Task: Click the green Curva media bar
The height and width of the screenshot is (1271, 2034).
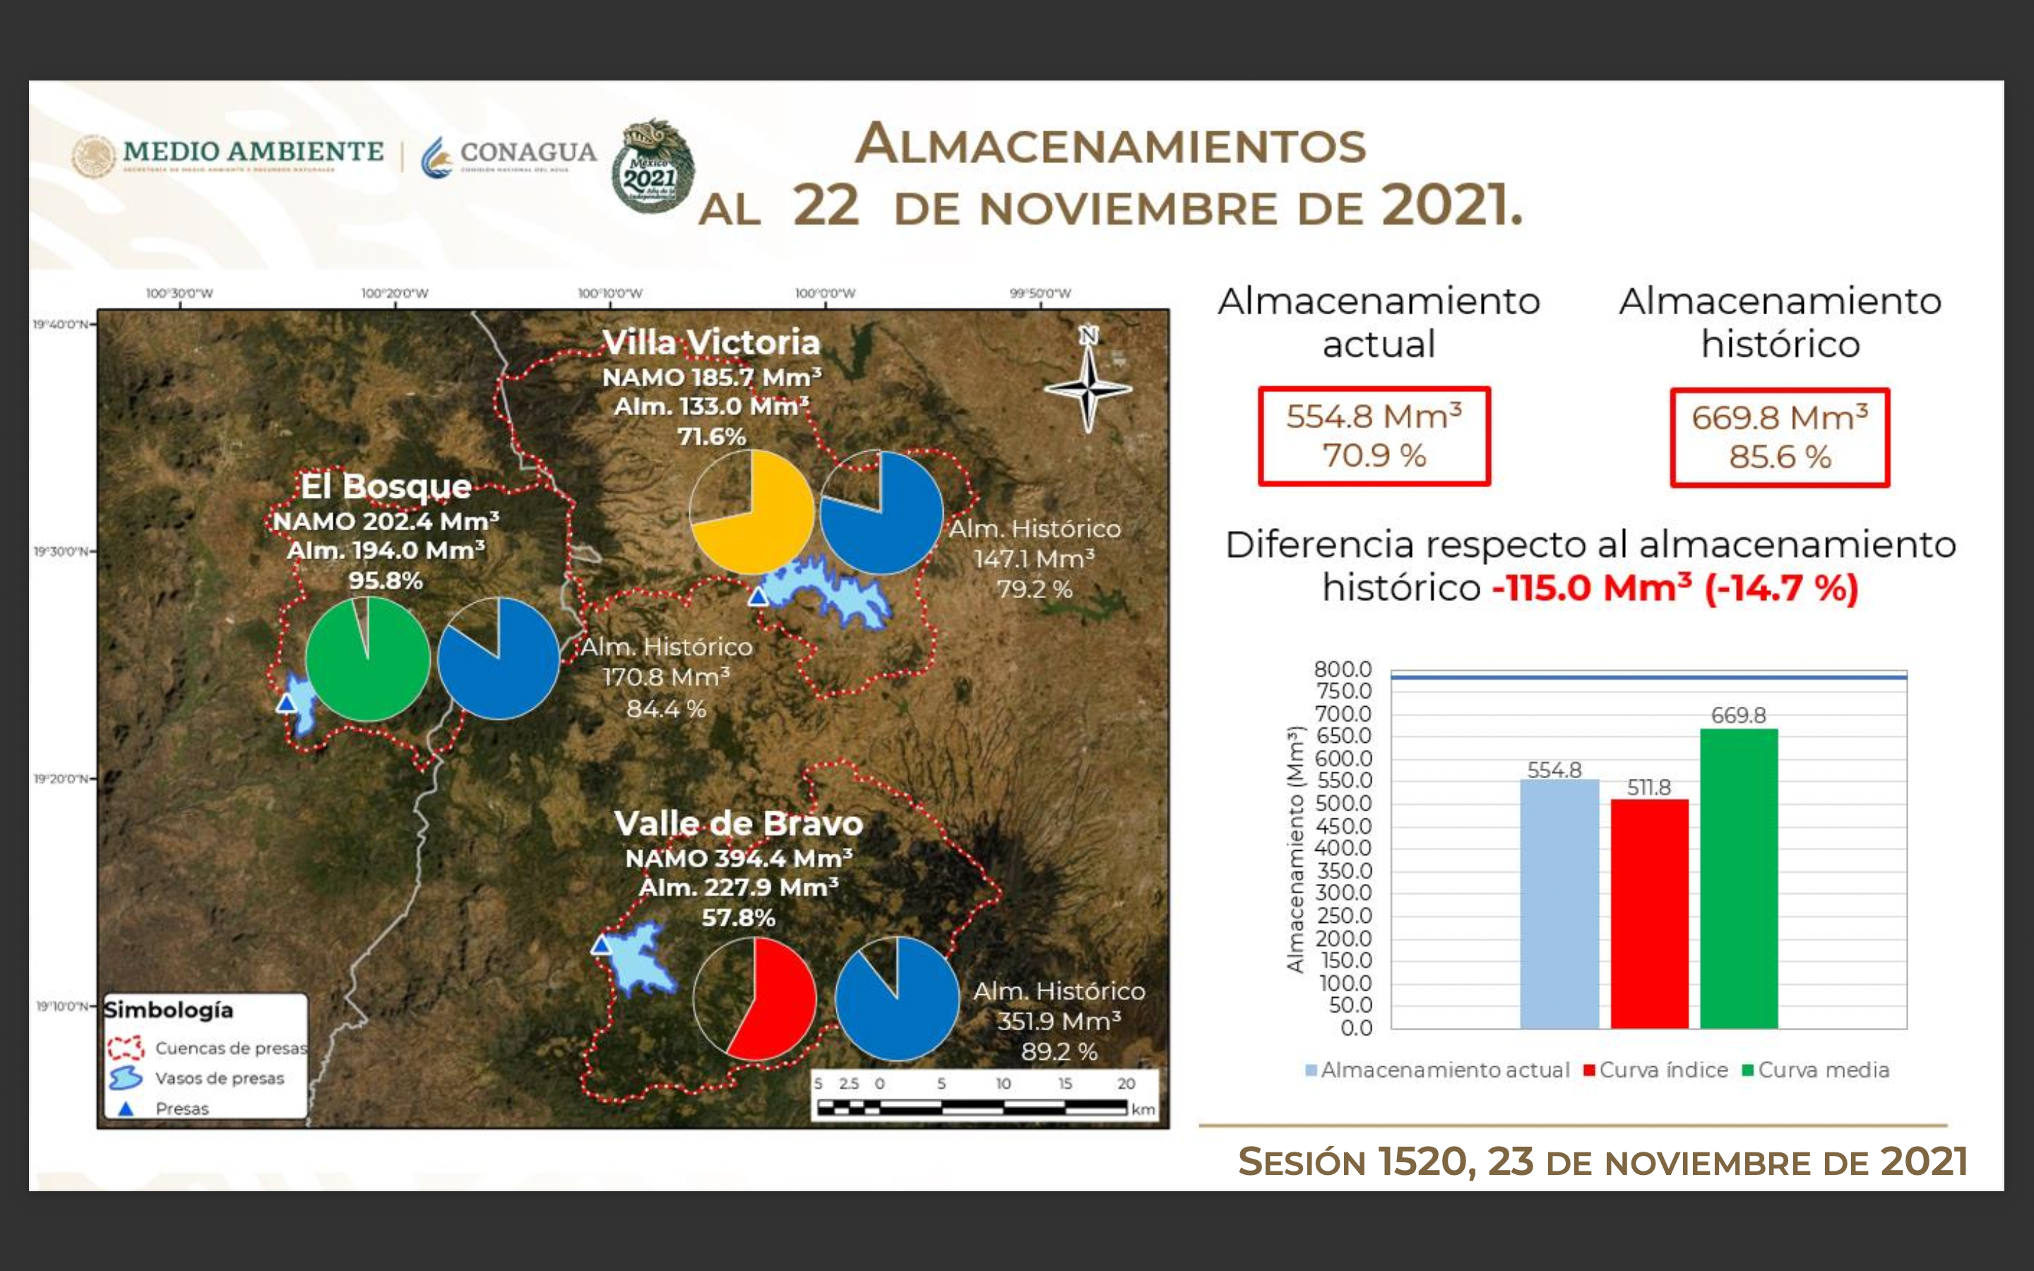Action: [x=1738, y=878]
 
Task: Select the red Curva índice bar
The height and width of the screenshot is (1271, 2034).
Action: [x=1649, y=914]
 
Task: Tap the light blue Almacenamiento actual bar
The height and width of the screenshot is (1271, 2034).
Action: [x=1559, y=904]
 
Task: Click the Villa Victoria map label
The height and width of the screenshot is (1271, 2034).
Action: [x=711, y=343]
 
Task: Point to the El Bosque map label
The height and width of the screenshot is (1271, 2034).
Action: [x=386, y=486]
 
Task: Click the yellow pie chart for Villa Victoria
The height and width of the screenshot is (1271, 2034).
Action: [x=751, y=512]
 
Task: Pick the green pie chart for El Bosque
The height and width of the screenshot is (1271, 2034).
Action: [x=367, y=659]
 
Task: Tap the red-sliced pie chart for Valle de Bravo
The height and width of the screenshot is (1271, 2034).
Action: [x=754, y=998]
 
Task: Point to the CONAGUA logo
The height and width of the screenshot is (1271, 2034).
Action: [x=509, y=155]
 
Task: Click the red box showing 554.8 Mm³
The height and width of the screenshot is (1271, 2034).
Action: [x=1374, y=436]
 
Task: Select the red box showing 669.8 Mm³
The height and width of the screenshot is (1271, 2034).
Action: [x=1779, y=437]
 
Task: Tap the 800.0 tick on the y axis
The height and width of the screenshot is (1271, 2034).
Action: [x=1343, y=669]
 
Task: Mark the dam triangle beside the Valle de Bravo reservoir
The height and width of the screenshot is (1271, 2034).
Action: [x=600, y=945]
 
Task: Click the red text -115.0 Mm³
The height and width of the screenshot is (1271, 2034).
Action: [x=1591, y=587]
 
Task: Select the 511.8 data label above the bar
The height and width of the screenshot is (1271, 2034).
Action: [x=1648, y=787]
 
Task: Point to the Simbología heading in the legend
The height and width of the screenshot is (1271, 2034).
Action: [x=168, y=1010]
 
